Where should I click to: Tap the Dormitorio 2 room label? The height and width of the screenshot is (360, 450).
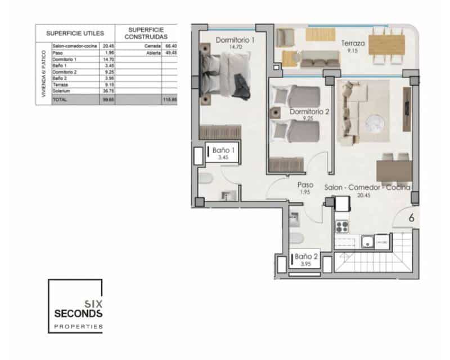click(309, 111)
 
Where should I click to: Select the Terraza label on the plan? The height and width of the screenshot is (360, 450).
click(353, 43)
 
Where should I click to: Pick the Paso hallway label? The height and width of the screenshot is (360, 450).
click(305, 184)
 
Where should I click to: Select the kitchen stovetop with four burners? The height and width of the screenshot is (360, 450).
click(343, 227)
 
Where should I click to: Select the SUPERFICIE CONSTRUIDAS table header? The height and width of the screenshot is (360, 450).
click(146, 33)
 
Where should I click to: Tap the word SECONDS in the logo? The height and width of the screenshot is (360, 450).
click(78, 313)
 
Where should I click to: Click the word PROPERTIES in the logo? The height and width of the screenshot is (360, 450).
click(78, 326)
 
